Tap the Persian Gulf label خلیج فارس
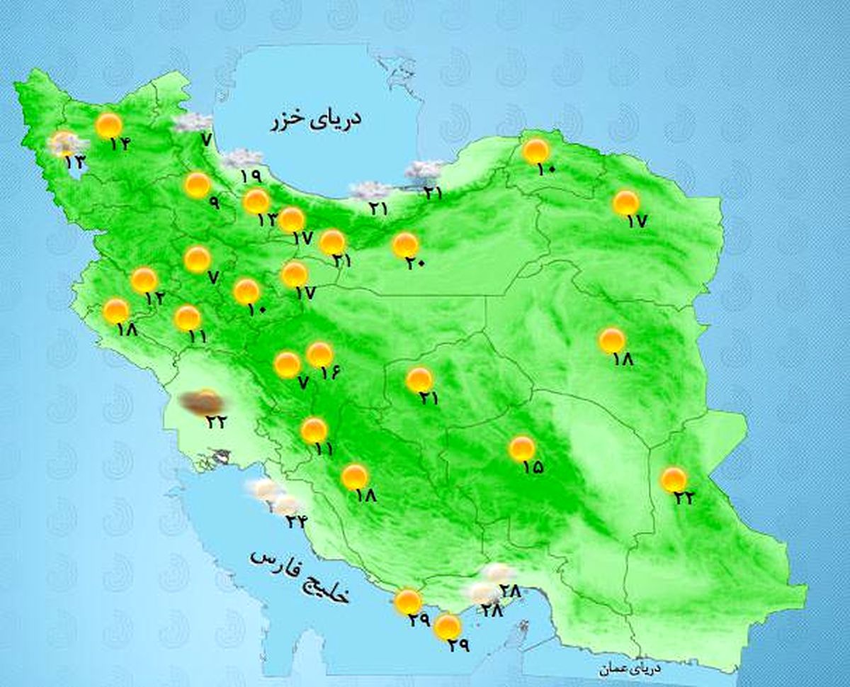pos(300,575)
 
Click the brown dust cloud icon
pos(201,403)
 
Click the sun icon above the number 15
pos(521,448)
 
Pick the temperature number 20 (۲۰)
pos(414,262)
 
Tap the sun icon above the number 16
pos(320,354)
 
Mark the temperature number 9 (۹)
pos(213,203)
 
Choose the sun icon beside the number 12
pos(144,281)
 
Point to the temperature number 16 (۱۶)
pos(330,371)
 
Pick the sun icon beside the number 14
pos(109,125)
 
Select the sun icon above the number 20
pos(405,245)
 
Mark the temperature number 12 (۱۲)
pos(154,298)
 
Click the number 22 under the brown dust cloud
pos(215,421)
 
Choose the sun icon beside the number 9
pos(198,185)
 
